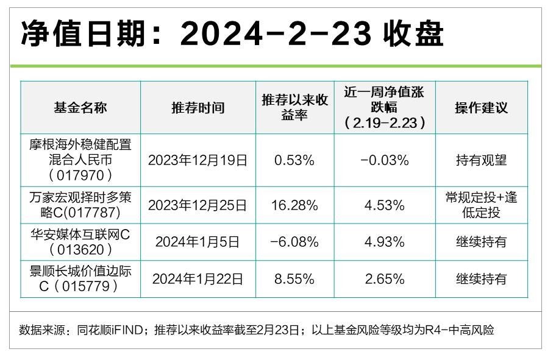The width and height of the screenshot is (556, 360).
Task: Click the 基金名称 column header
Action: point(80,108)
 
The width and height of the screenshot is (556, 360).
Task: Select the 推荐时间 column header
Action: point(198,108)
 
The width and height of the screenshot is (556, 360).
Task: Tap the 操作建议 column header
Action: point(482,108)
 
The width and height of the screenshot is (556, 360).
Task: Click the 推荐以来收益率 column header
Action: point(295,108)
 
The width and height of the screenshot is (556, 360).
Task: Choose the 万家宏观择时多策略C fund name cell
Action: point(80,205)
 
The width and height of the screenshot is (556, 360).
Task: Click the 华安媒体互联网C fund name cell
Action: point(80,241)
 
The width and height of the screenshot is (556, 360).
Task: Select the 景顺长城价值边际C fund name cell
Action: point(80,278)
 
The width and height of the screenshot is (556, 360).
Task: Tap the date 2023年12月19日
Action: point(198,161)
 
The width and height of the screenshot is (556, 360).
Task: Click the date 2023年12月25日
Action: point(198,205)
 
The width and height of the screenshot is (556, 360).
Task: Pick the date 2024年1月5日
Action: point(198,242)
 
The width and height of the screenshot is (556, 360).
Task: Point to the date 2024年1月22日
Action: point(198,279)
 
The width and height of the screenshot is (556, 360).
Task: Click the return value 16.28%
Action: point(295,205)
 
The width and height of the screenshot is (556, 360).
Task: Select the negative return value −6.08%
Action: point(295,242)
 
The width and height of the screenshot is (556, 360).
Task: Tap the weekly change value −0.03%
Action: point(384,161)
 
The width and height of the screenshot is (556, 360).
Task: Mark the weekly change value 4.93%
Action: point(384,242)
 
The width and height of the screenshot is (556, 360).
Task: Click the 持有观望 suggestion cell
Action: point(482,161)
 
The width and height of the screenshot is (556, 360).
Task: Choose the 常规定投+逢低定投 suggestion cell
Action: point(482,205)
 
